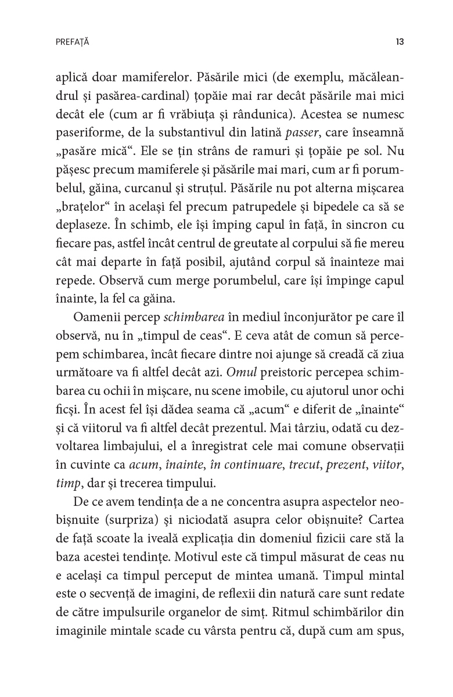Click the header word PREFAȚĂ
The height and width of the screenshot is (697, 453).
coord(73,42)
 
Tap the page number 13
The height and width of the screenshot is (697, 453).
coord(400,42)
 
